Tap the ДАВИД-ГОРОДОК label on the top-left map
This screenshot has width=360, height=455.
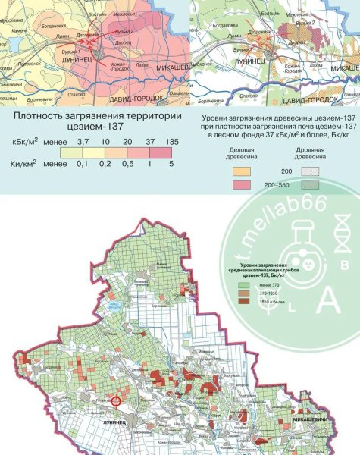tap(139, 99)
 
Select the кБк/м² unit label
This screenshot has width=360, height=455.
tap(25, 142)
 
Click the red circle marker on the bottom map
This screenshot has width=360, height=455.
tap(116, 402)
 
